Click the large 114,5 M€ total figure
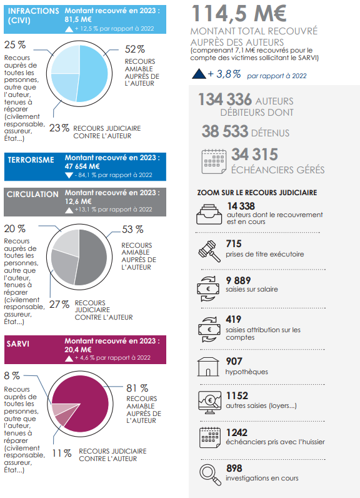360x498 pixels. pyautogui.click(x=239, y=13)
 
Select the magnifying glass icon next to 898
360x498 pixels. pyautogui.click(x=210, y=474)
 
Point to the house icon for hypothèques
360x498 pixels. pyautogui.click(x=208, y=367)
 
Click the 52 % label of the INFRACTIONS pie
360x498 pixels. pyautogui.click(x=135, y=49)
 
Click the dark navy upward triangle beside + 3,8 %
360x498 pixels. pyautogui.click(x=199, y=74)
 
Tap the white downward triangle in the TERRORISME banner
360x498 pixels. pyautogui.click(x=69, y=175)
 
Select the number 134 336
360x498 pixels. pyautogui.click(x=225, y=99)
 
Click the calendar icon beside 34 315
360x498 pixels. pyautogui.click(x=214, y=161)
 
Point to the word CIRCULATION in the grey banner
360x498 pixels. pyautogui.click(x=32, y=195)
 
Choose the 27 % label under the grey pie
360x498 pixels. pyautogui.click(x=59, y=304)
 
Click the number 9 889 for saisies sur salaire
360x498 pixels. pyautogui.click(x=238, y=280)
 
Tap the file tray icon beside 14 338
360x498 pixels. pyautogui.click(x=209, y=215)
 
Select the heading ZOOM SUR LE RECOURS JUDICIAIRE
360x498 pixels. pyautogui.click(x=257, y=193)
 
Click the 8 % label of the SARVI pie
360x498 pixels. pyautogui.click(x=12, y=376)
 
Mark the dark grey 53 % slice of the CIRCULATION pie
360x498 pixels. pyautogui.click(x=92, y=257)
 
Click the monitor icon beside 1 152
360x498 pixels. pyautogui.click(x=209, y=402)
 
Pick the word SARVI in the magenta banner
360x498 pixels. pyautogui.click(x=17, y=343)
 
